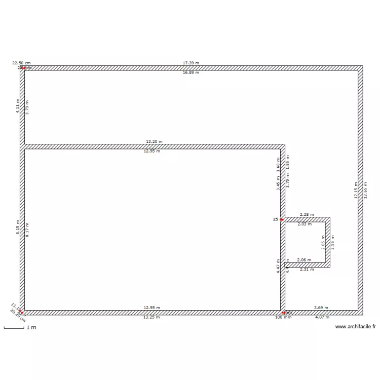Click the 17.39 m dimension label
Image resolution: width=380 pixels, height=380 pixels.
coord(191,63)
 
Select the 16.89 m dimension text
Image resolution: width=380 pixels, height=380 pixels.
coord(191,73)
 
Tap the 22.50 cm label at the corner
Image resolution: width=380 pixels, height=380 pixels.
coord(21,63)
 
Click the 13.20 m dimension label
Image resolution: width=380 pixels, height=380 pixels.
coord(154,141)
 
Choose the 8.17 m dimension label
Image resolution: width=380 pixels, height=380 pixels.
coord(27,230)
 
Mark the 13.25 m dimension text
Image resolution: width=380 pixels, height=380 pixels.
coord(151,317)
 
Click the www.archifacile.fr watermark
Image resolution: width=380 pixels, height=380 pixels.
coord(355,327)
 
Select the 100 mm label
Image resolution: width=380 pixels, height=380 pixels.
coord(283,318)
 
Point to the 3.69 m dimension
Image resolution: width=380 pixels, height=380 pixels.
coord(321,308)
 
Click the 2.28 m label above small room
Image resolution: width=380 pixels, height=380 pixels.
coord(307,214)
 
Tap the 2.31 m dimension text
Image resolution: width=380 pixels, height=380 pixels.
coord(307,270)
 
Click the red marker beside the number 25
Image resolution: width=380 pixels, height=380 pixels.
coord(282,220)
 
